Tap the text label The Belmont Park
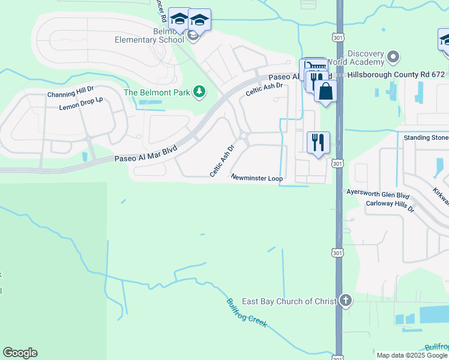157,92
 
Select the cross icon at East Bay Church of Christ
345,301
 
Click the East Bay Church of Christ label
289,301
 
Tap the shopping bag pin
326,92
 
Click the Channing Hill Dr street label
71,95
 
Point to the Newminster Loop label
256,178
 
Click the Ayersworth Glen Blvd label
378,194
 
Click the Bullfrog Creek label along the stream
246,313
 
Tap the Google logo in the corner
20,353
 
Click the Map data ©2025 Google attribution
412,355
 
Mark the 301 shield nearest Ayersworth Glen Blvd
337,163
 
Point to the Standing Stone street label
426,137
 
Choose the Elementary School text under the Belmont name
150,40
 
